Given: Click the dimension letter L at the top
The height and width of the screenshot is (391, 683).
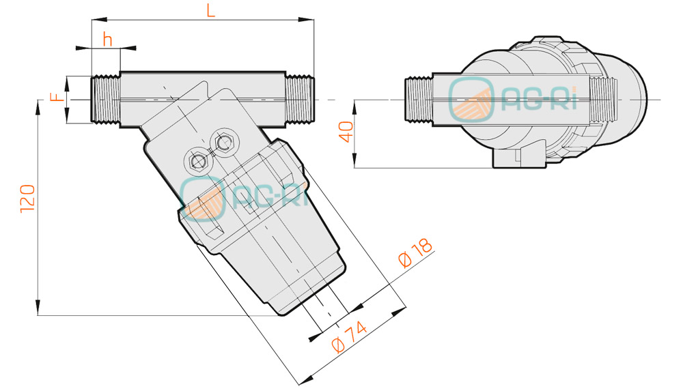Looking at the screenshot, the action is (211, 10).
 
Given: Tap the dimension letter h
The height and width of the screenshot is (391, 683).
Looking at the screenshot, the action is (108, 39).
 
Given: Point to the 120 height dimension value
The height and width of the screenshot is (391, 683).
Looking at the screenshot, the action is (27, 199).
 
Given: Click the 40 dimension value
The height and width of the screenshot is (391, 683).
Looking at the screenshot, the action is (347, 132).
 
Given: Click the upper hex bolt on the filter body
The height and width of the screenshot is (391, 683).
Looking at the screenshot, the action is (223, 142).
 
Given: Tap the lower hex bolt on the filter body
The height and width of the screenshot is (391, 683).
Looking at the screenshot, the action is (198, 162).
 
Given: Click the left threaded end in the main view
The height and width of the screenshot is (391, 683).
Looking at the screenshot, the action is (105, 100).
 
